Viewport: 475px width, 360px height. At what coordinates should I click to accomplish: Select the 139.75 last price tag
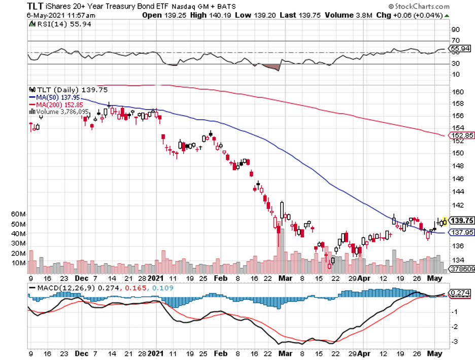coord(461,221)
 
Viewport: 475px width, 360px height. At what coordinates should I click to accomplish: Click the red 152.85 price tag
coord(461,135)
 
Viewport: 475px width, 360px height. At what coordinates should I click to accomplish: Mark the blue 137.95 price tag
coord(461,233)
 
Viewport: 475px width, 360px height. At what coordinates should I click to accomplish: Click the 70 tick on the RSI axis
coord(455,40)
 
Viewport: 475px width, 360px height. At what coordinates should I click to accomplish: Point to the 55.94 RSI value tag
coord(461,49)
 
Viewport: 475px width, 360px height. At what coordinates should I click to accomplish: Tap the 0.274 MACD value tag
coord(459,293)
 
